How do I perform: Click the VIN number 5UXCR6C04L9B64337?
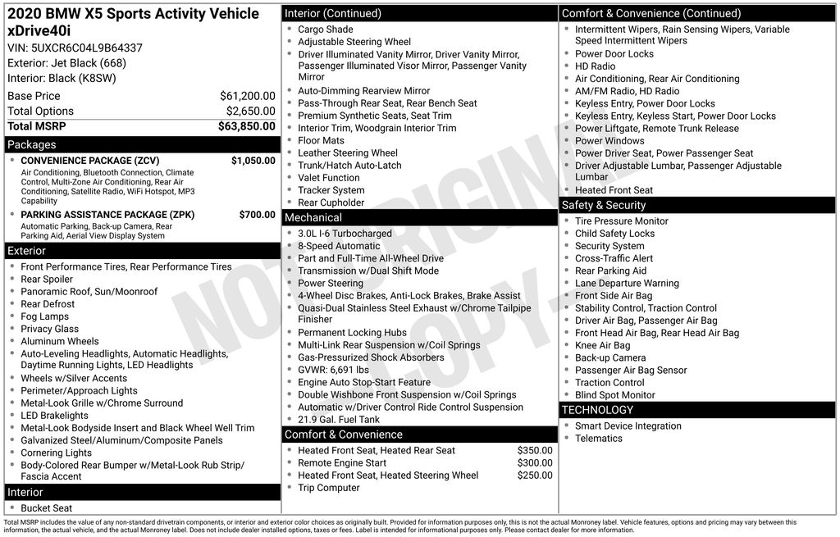coord(75,48)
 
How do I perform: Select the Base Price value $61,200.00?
coord(247,96)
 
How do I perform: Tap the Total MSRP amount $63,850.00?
coord(246,126)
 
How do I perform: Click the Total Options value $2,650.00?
coord(250,111)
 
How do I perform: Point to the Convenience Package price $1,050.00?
coord(253,161)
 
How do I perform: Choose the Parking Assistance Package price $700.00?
coord(257,215)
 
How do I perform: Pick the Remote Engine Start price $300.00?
coord(535,463)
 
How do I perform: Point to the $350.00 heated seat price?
coord(535,451)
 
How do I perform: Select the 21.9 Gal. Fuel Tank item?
coord(339,420)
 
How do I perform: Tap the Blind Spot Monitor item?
coord(614,395)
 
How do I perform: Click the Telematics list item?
coord(598,439)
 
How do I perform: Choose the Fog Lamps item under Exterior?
coord(44,316)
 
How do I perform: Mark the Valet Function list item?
coord(328,178)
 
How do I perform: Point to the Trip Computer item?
coord(328,488)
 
